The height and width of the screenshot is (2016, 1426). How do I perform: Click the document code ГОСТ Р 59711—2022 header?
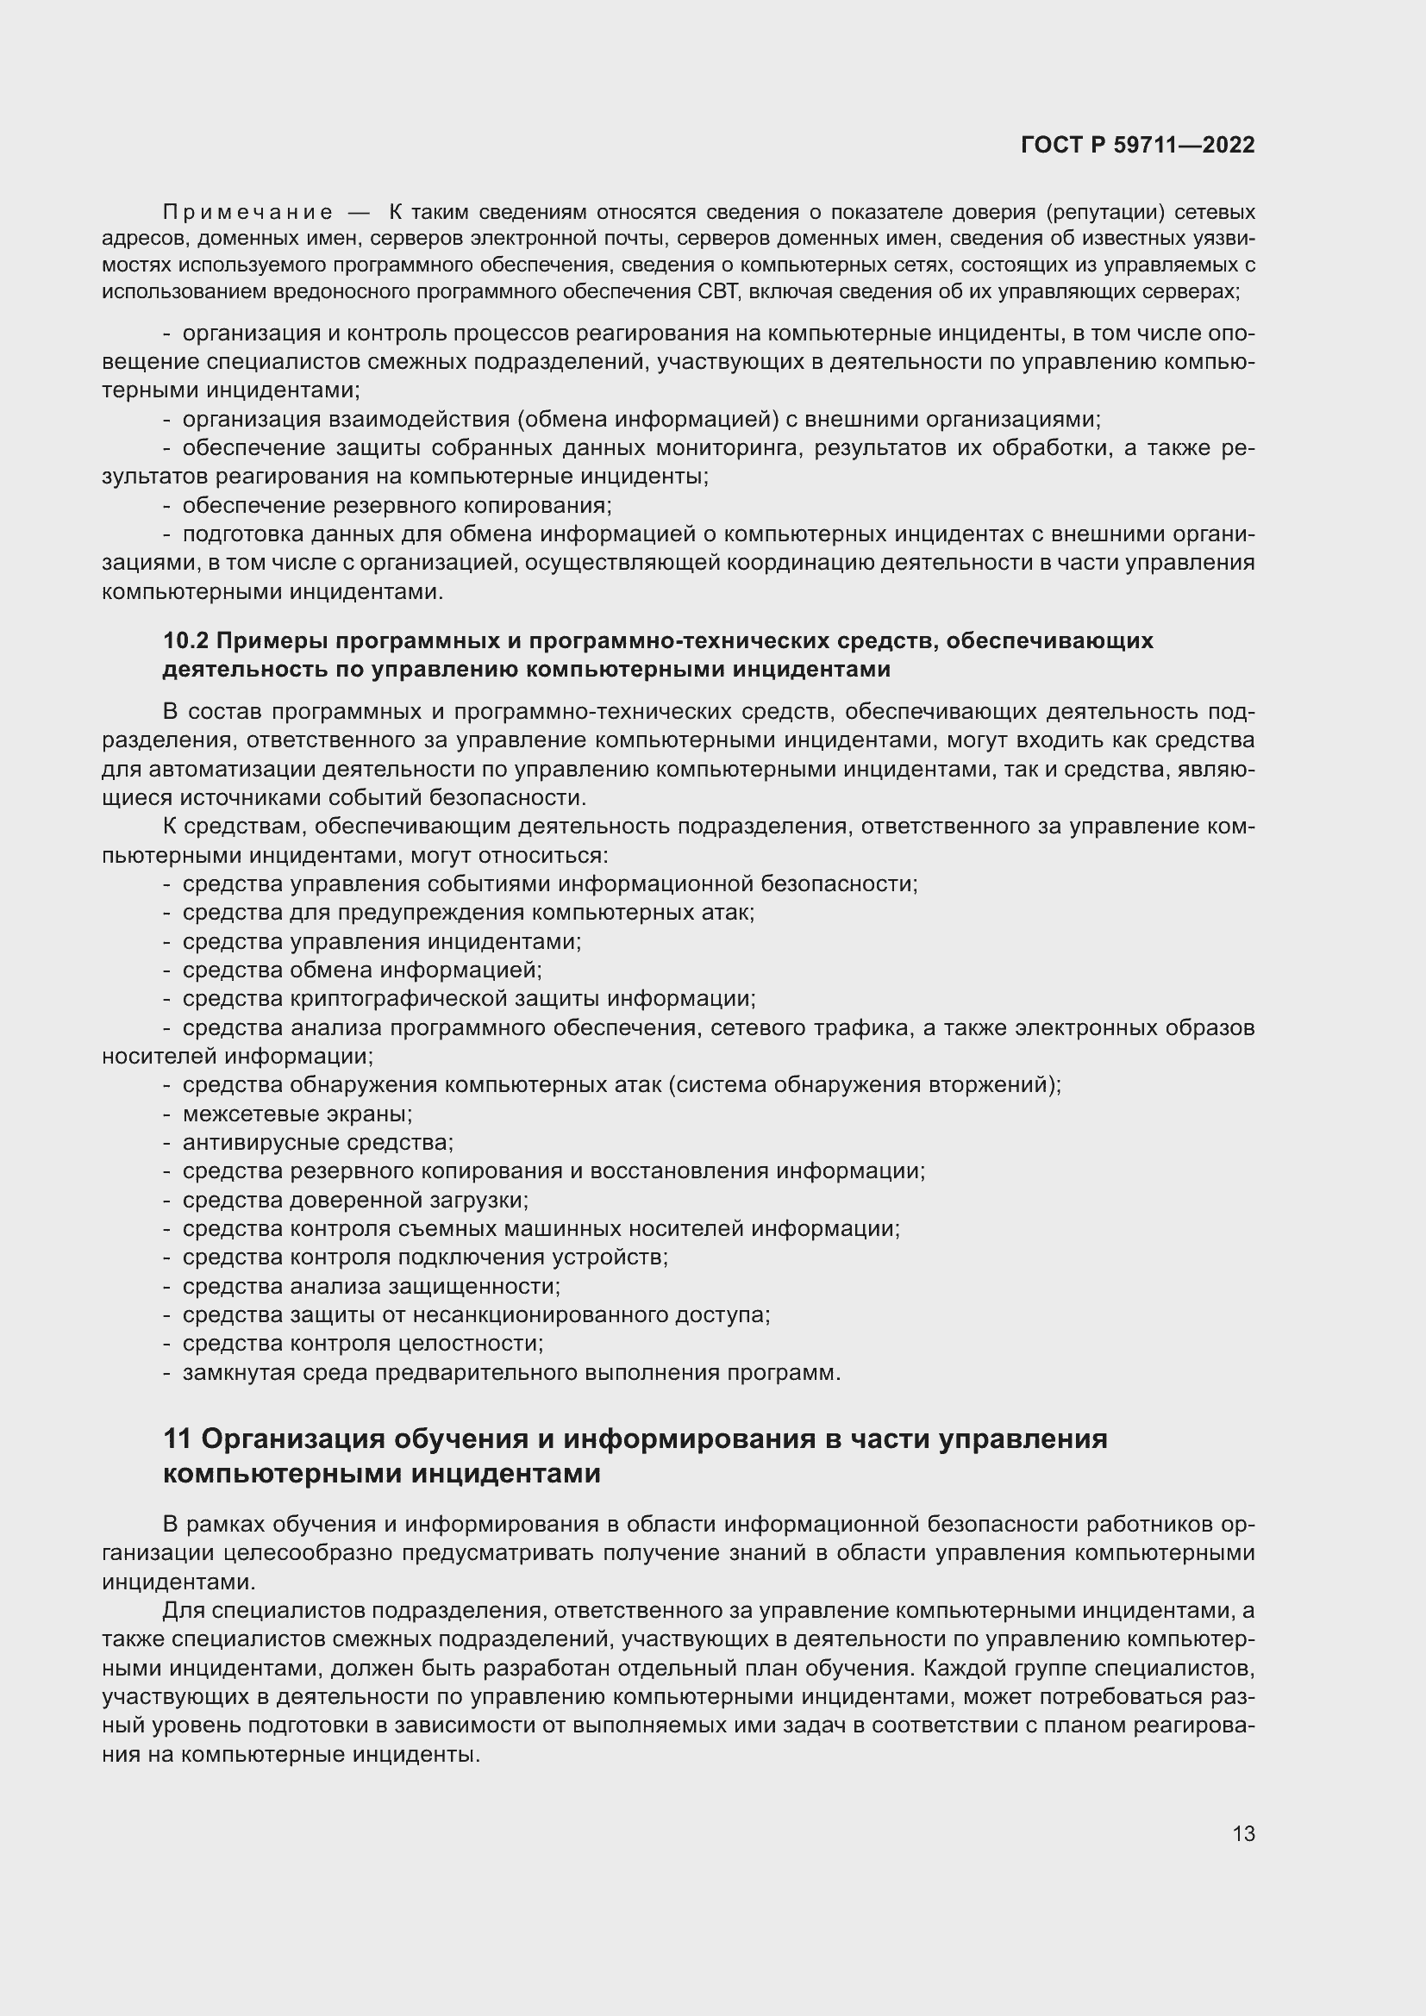pos(1137,145)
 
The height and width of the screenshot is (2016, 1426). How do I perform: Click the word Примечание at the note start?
pos(247,213)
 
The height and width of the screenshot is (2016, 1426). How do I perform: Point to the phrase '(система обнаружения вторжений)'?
pos(865,1085)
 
